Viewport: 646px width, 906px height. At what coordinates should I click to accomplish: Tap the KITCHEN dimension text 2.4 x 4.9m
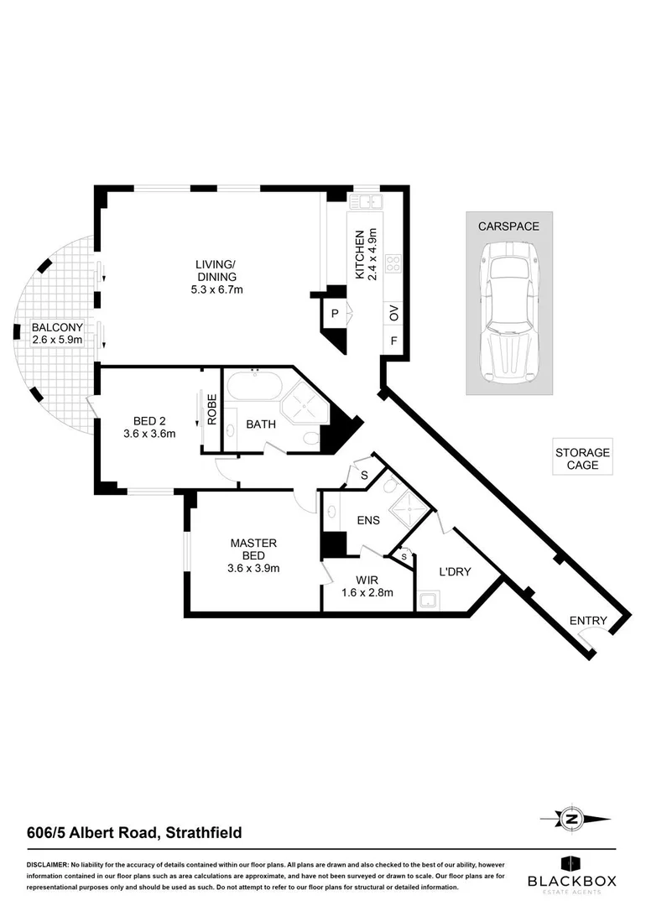(372, 253)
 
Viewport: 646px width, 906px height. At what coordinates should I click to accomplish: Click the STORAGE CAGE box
(582, 458)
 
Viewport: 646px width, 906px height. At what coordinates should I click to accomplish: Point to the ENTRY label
(587, 621)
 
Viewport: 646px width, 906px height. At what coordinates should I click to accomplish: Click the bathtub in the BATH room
(254, 388)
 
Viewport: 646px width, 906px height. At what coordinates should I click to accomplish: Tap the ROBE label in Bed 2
(213, 410)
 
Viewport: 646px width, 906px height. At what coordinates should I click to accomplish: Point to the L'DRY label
(456, 572)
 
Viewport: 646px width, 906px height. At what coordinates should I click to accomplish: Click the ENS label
(367, 520)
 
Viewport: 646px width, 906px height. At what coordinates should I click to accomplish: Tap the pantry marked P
(335, 315)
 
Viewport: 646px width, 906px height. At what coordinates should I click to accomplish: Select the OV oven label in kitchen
(393, 314)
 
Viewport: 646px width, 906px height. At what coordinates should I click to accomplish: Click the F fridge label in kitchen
(393, 341)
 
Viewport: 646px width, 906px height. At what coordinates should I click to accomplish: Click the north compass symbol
(574, 820)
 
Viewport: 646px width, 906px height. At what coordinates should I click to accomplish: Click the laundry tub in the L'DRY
(430, 599)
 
